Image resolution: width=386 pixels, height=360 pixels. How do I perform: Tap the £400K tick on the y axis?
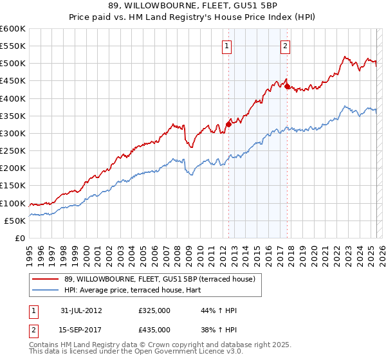point(13,98)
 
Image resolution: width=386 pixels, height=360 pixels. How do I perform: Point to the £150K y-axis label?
point(13,186)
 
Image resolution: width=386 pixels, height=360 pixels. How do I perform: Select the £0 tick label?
point(19,238)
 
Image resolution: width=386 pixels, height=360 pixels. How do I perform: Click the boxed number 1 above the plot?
point(228,46)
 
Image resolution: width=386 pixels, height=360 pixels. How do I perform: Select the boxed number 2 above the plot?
point(285,46)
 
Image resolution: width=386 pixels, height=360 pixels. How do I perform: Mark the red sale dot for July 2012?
point(228,125)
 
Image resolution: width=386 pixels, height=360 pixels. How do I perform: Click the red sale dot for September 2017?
point(287,87)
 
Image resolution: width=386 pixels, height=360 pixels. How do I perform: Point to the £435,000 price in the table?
point(154,330)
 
